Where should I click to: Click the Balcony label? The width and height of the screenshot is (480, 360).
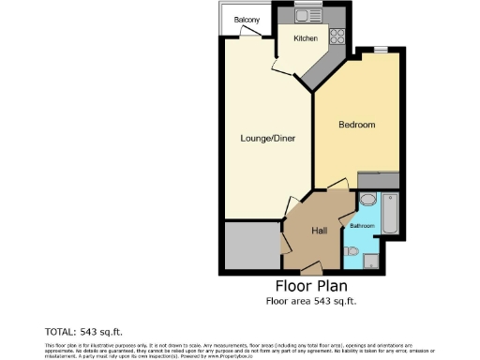[x=247, y=20]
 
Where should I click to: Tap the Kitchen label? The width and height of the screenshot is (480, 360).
[x=306, y=38]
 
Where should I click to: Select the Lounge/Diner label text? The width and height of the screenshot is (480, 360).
[x=267, y=139]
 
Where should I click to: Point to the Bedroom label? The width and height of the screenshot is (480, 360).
[x=356, y=125]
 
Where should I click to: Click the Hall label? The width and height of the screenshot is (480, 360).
[x=319, y=231]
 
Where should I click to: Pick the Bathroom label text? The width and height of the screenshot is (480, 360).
[x=362, y=226]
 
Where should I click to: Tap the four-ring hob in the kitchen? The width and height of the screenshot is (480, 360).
[x=337, y=37]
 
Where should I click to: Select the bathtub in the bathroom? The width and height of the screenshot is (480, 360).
[x=392, y=213]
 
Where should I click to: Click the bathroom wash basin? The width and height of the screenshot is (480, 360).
[x=367, y=201]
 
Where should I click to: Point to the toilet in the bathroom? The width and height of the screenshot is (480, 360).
[x=352, y=250]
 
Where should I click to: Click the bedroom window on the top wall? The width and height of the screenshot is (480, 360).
[x=381, y=48]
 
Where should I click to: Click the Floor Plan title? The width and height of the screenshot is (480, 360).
[x=310, y=286]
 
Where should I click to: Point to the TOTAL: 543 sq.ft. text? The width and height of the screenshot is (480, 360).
[x=83, y=332]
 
